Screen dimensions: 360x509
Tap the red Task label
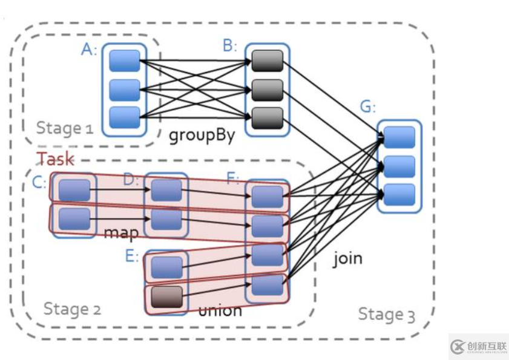(x=56, y=159)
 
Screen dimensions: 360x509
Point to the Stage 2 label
(x=72, y=309)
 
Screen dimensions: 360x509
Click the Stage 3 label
(x=387, y=314)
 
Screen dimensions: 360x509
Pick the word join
(x=347, y=258)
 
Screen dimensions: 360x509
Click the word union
(x=220, y=310)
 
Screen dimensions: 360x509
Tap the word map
(x=121, y=232)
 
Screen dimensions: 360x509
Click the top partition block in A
(x=125, y=61)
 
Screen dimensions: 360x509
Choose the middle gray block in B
(x=267, y=89)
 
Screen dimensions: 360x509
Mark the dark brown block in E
(x=166, y=296)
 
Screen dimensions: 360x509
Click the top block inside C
(x=74, y=189)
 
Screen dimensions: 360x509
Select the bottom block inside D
(x=166, y=219)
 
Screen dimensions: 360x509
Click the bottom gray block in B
(x=267, y=116)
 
